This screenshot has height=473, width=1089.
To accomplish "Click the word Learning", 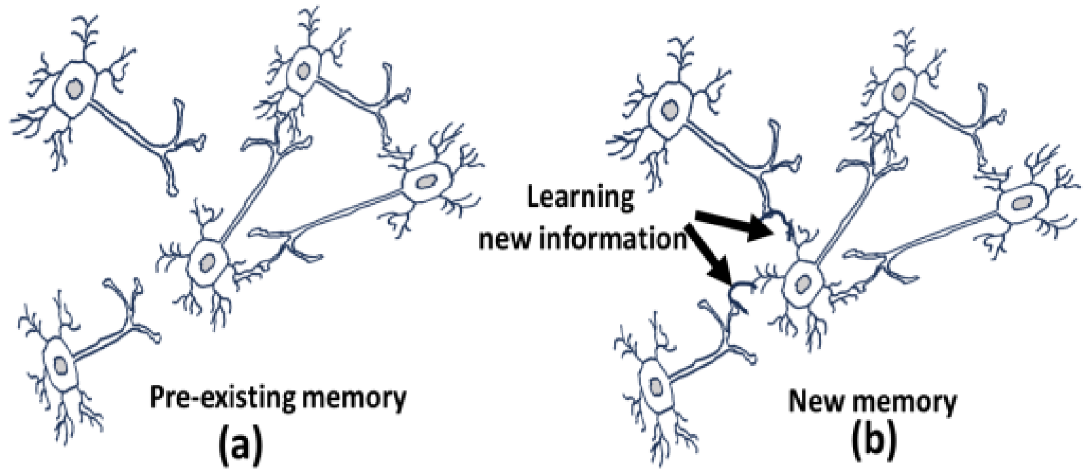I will click(581, 198).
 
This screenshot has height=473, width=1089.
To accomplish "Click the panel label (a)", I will click(240, 446).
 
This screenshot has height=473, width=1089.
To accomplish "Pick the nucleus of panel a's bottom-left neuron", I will click(61, 364).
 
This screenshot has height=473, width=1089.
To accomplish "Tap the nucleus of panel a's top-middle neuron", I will click(304, 69).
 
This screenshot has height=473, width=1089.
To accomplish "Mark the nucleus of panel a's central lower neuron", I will click(206, 262).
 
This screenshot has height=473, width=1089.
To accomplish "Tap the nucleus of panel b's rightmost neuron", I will click(1021, 203).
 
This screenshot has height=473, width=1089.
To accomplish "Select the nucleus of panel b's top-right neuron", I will click(898, 92).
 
